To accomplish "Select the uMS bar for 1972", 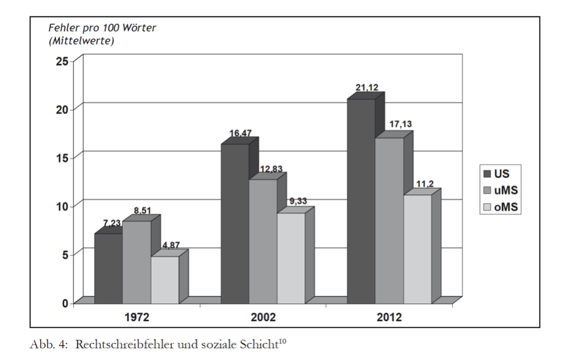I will coord(137,262).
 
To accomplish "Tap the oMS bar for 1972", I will coord(165,279).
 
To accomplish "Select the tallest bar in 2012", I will coord(361,201).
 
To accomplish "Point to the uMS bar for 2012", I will coord(389,220).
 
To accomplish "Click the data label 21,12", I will coord(367,88).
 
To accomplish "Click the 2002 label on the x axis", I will coord(263,317).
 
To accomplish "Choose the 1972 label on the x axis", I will coord(137,317).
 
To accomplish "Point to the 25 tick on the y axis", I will coord(62,60).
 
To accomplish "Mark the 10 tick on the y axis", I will coord(62,205).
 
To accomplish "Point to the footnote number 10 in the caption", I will coord(282,342).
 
